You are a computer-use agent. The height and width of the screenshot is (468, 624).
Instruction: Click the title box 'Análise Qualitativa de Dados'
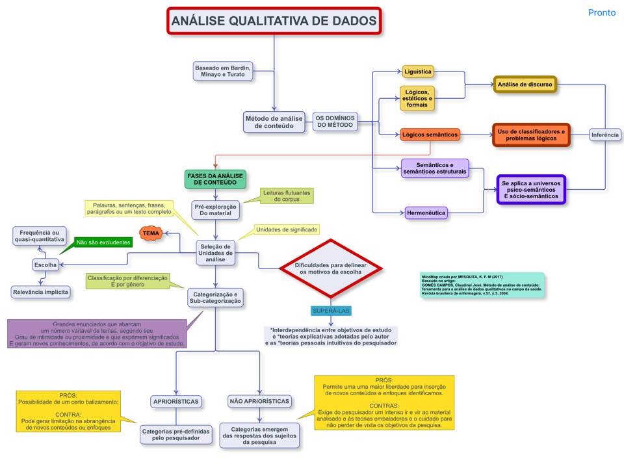pos(274,21)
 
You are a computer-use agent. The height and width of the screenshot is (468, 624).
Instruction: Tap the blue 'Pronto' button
pos(601,12)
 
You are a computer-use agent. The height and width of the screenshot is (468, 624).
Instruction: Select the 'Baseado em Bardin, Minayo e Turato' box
pos(223,71)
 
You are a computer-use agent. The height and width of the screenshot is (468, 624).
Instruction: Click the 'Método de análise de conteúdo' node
pos(274,122)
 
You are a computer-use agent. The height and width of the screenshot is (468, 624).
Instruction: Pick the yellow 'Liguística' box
pos(417,71)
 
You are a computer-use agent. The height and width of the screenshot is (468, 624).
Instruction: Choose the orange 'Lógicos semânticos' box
pos(430,135)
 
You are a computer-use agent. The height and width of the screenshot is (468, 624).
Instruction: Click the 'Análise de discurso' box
pos(525,84)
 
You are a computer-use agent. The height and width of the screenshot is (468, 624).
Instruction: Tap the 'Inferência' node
pos(605,135)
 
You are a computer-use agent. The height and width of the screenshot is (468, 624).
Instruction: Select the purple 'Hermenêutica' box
pos(426,213)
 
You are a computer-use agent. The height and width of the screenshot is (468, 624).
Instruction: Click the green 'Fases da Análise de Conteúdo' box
pos(215,179)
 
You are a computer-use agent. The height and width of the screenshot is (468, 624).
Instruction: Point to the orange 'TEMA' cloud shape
pos(151,233)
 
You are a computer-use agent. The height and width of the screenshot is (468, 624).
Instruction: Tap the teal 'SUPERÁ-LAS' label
pos(331,311)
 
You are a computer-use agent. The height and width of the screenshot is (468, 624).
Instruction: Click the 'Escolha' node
pos(45,265)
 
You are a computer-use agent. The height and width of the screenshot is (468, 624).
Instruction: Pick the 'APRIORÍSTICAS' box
pos(175,401)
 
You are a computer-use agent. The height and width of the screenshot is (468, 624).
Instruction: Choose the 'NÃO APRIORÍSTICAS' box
pos(259,401)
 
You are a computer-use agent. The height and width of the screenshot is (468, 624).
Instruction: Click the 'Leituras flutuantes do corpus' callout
pos(287,196)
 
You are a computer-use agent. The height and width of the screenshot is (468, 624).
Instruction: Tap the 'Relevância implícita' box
pos(40,292)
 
